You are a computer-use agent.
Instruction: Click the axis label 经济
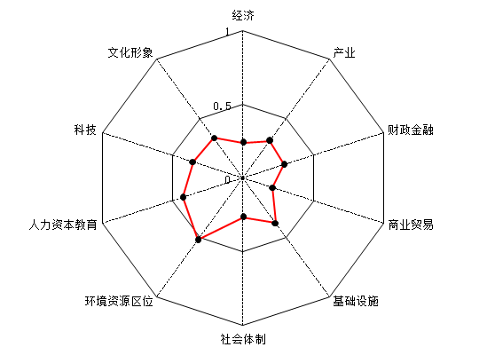point(243,15)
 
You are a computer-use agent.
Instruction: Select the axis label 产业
point(344,52)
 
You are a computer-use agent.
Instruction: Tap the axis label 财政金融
point(411,130)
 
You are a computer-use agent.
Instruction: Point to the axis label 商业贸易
point(411,225)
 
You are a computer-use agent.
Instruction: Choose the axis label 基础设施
point(356,301)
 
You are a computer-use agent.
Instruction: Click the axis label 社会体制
point(243,339)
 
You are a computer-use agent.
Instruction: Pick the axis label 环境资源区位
point(119,301)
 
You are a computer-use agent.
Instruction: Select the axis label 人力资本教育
point(63,225)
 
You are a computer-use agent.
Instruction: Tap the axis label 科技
point(85,130)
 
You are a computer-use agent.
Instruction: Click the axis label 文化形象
point(130,52)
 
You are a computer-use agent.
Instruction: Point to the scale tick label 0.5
point(223,107)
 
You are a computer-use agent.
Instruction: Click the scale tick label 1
point(227,32)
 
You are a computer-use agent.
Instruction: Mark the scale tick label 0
point(228,180)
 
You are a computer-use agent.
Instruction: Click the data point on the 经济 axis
point(243,142)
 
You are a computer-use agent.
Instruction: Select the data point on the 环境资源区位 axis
point(198,240)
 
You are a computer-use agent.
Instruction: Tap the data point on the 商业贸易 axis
point(272,188)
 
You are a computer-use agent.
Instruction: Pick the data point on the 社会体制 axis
point(243,217)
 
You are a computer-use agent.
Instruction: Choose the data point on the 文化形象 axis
point(215,138)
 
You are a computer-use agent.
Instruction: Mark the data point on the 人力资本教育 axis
point(183,197)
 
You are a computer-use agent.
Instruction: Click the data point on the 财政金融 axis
point(284,164)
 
